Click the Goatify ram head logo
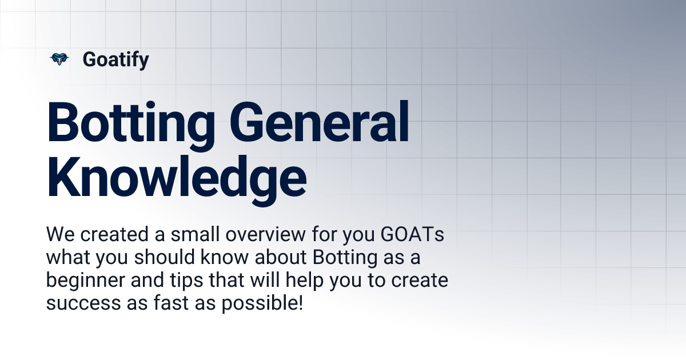58,59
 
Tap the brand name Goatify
115,59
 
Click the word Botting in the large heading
130,123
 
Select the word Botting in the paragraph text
345,258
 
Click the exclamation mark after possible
300,303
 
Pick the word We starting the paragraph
57,235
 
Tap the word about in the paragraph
280,258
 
